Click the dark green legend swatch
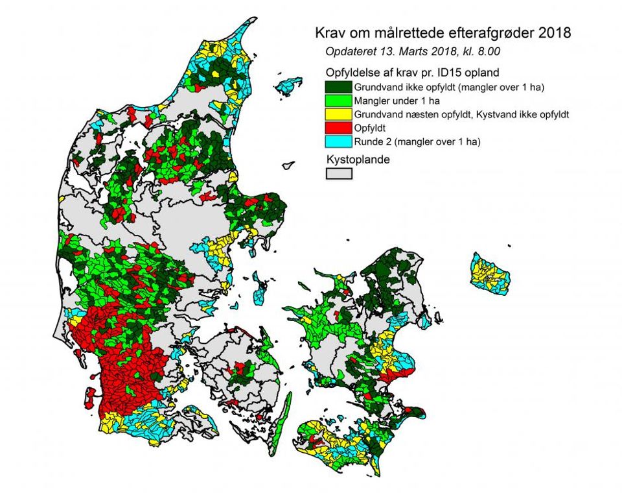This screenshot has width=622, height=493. point(338,86)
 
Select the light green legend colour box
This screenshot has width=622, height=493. point(338,101)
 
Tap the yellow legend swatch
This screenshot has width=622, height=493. point(338,115)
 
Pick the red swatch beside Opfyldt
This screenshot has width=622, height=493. point(338,128)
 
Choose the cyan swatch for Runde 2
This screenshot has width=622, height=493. point(338,142)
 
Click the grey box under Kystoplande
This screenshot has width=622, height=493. point(338,173)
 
